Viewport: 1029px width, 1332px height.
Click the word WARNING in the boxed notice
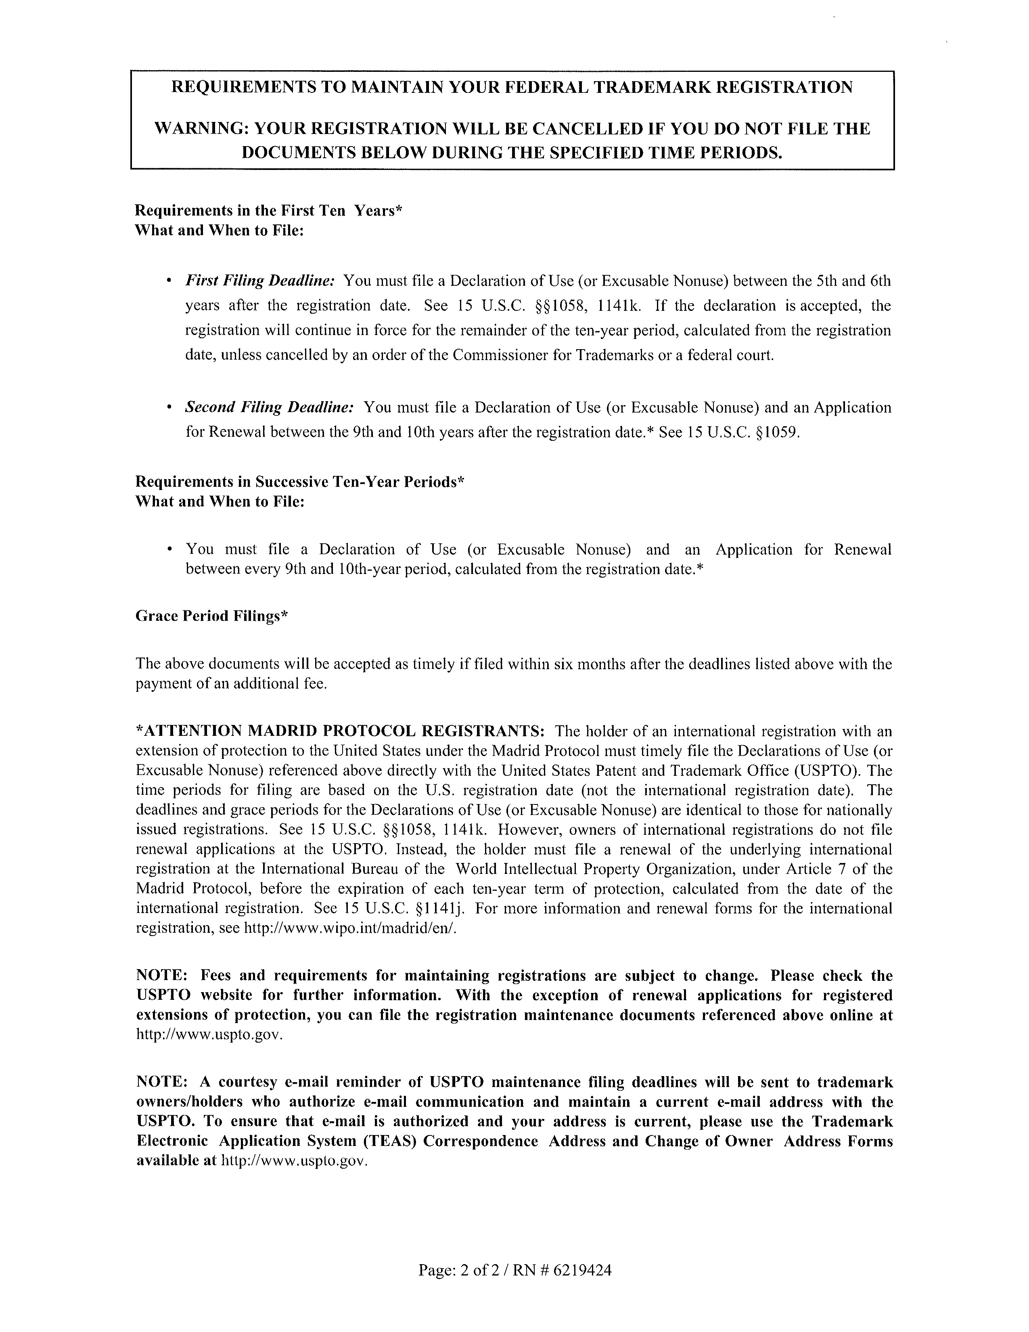(199, 129)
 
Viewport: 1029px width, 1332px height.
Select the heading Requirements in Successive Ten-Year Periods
(299, 482)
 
